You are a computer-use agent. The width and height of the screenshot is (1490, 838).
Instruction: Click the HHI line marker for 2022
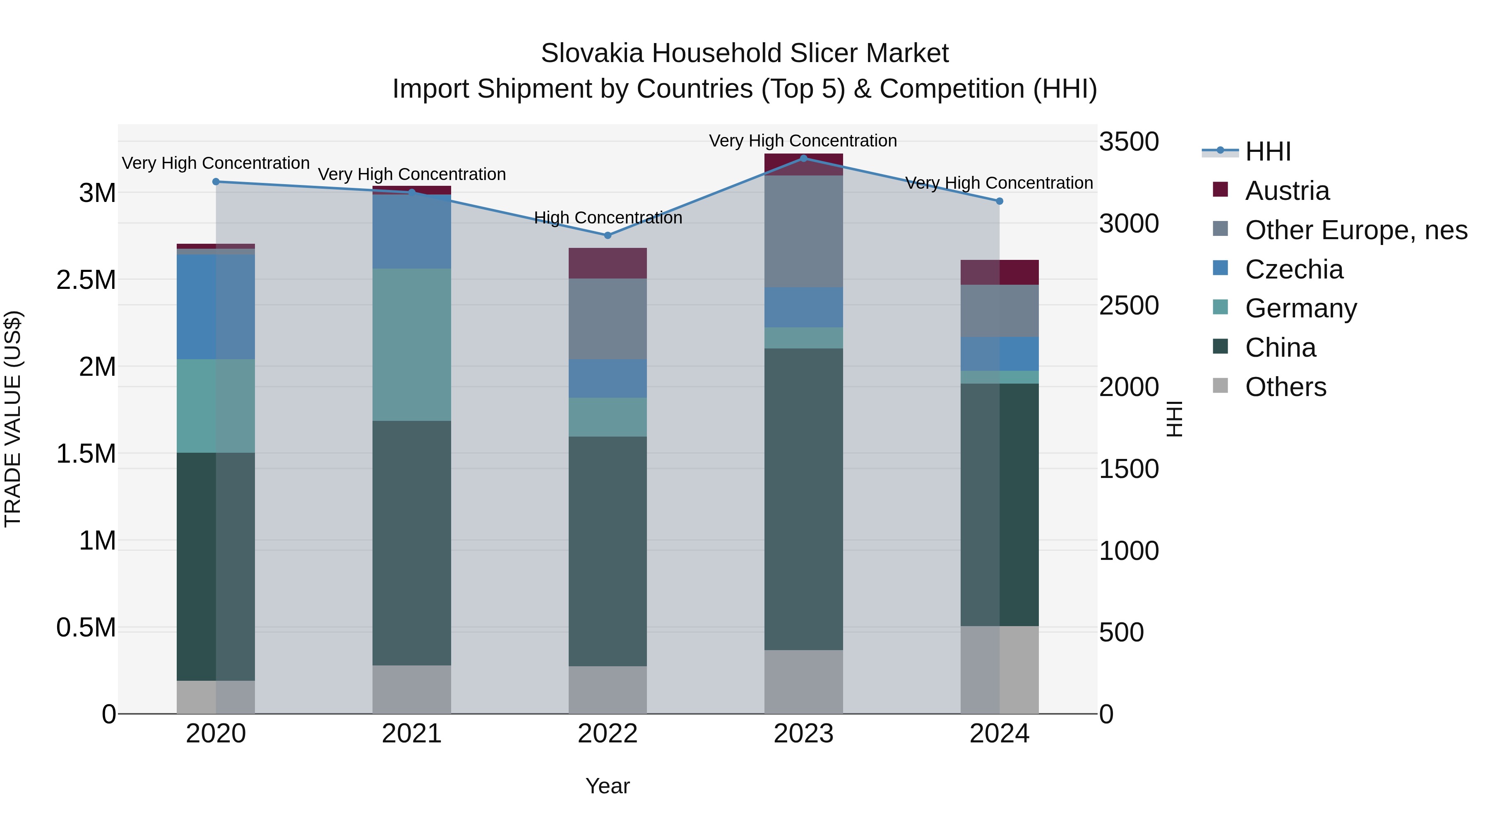tap(607, 235)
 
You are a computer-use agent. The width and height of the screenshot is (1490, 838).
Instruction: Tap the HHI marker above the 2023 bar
tap(803, 158)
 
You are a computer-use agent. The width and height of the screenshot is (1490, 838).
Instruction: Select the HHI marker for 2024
tap(1000, 201)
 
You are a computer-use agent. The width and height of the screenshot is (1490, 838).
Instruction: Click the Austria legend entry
tap(1287, 191)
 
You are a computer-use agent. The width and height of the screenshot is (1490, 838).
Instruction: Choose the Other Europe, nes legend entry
tap(1356, 230)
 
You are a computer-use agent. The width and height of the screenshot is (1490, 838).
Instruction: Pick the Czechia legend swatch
tap(1221, 268)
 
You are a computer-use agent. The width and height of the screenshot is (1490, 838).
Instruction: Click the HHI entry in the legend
tap(1267, 151)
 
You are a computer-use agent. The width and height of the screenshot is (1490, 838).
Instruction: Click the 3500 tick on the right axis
tap(1129, 142)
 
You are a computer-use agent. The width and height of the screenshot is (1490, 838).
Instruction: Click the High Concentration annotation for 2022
tap(607, 218)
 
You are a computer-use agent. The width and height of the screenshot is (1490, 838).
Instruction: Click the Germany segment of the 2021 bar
tap(411, 344)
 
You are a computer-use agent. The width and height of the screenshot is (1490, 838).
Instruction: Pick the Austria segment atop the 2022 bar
tap(607, 263)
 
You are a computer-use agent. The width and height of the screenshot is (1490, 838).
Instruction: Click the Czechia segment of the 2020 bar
tap(216, 307)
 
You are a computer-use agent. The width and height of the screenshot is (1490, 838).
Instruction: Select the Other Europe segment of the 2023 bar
tap(803, 231)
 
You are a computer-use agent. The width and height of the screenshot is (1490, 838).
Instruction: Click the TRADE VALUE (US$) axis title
tap(13, 419)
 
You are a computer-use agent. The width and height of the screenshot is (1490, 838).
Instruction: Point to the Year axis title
tap(607, 786)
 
